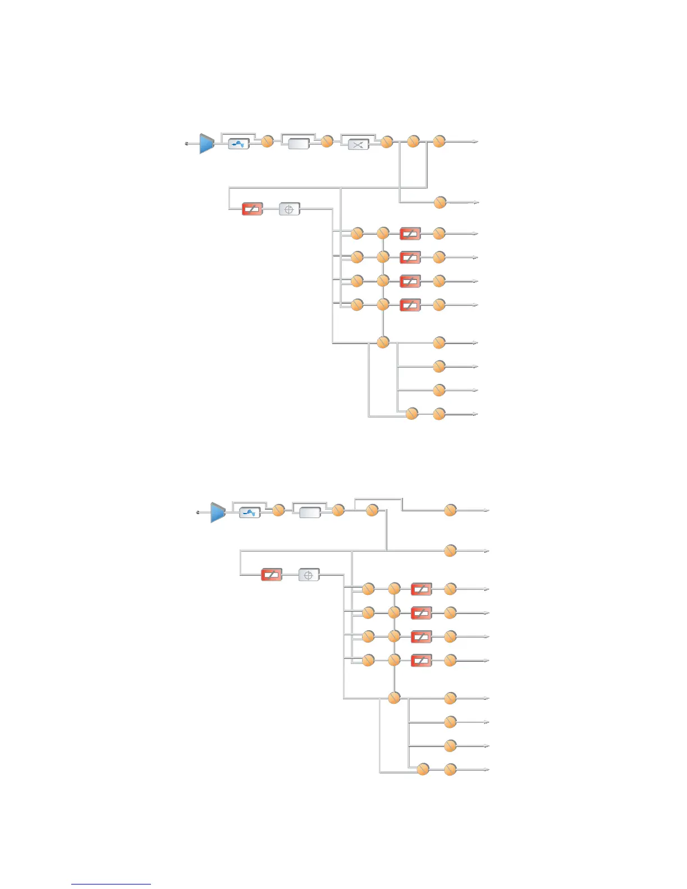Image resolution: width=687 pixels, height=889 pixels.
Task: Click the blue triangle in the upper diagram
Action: (x=207, y=144)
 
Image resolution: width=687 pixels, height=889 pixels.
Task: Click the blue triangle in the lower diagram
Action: (x=218, y=512)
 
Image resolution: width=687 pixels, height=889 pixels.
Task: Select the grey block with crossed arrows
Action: (x=359, y=145)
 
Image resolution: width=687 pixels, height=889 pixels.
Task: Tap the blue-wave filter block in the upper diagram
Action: (x=239, y=144)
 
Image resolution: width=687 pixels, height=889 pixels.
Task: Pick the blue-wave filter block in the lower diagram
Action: (x=250, y=512)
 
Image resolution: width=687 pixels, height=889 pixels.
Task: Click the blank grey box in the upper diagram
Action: (x=299, y=144)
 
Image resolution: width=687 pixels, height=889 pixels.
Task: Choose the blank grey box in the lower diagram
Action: (x=310, y=512)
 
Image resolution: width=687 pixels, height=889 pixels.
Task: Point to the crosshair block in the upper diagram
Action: (x=290, y=209)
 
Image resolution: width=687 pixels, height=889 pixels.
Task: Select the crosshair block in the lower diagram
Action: (x=308, y=575)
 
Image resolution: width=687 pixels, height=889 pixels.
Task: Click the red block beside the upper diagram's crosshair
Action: (x=253, y=209)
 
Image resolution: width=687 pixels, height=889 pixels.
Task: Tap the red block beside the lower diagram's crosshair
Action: (x=272, y=575)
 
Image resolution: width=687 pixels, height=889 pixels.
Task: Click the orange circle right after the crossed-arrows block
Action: (x=387, y=142)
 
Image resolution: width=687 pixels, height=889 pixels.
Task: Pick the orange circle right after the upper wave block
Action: (x=268, y=141)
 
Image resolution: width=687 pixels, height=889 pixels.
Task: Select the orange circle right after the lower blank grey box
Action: (x=338, y=510)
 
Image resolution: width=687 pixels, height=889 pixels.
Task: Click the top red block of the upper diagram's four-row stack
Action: (x=410, y=233)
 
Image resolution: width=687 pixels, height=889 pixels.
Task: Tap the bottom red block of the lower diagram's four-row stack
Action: (x=421, y=661)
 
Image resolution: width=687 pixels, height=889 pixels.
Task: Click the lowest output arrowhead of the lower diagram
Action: (x=487, y=770)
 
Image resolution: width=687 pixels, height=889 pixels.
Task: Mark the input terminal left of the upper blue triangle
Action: (x=187, y=144)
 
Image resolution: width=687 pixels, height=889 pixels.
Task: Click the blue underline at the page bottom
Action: (x=111, y=884)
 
